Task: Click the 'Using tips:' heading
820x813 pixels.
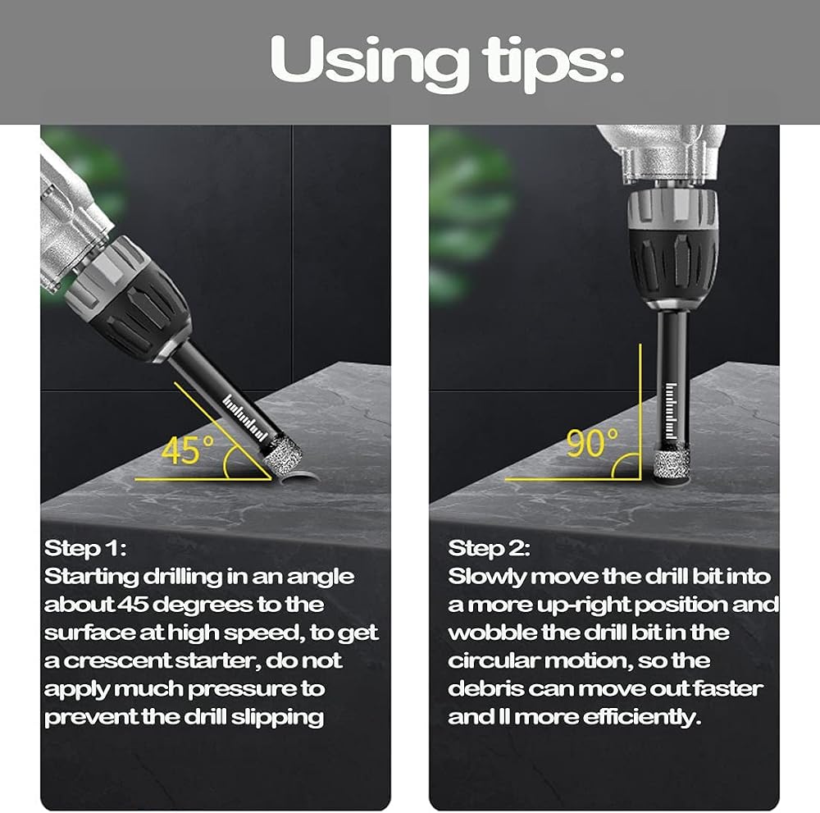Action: click(x=447, y=62)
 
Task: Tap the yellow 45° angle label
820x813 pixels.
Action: click(x=187, y=450)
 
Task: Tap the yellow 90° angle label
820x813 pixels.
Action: click(x=592, y=443)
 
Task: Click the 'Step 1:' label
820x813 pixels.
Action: click(x=85, y=548)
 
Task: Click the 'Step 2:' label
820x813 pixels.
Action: click(x=489, y=548)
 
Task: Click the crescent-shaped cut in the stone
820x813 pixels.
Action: click(x=299, y=475)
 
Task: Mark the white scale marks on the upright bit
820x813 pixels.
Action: click(x=671, y=411)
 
